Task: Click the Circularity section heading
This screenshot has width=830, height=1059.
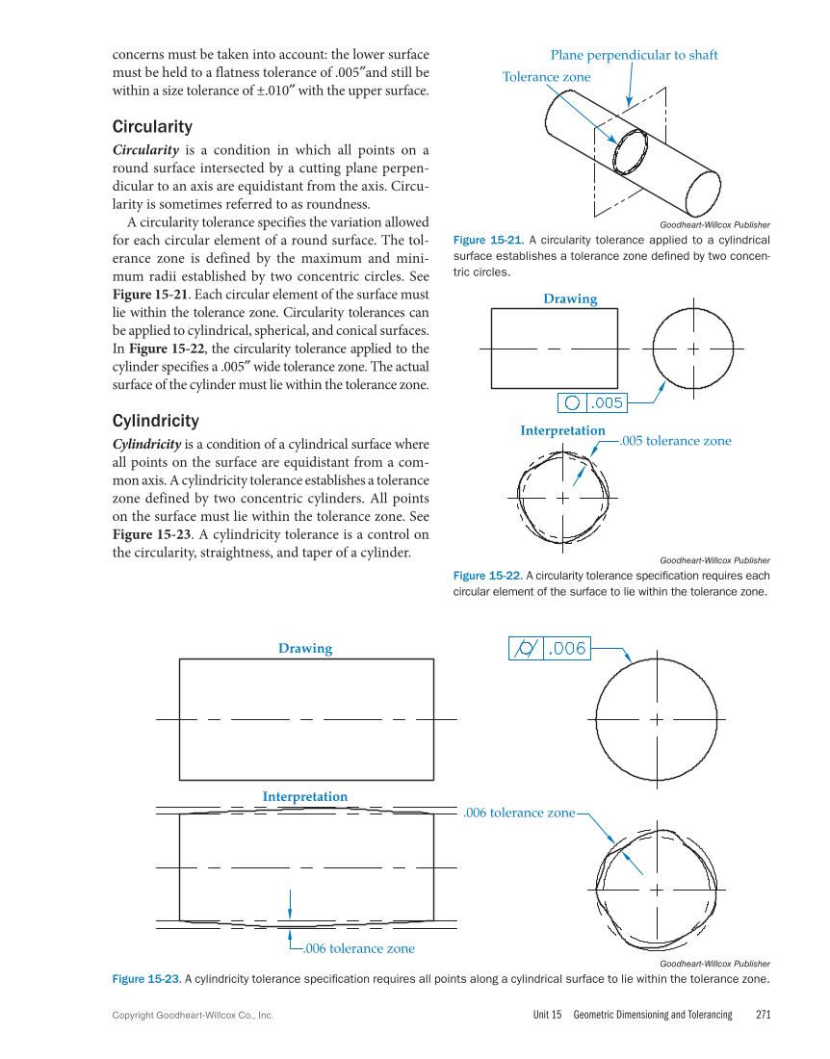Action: (x=152, y=127)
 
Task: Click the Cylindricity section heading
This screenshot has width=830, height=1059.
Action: (x=156, y=421)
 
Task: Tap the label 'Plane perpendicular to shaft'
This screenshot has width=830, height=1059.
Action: (x=634, y=55)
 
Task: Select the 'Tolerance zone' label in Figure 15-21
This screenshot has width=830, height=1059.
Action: (x=546, y=77)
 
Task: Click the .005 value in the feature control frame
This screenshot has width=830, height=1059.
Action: (x=607, y=402)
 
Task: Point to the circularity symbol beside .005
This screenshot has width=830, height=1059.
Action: (x=572, y=402)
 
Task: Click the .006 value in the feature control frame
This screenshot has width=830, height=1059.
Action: (x=567, y=649)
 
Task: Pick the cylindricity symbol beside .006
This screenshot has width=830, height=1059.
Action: (x=526, y=649)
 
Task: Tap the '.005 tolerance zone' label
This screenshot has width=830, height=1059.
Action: (x=674, y=441)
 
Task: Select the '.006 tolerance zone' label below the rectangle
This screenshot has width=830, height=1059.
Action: (x=358, y=948)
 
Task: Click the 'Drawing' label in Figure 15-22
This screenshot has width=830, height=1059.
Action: (x=570, y=299)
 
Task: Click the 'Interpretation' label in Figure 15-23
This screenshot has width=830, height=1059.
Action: (x=304, y=796)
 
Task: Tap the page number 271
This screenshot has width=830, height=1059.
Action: (x=764, y=1015)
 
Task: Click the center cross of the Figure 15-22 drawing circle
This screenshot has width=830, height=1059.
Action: (x=692, y=349)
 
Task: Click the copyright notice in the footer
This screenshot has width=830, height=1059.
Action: (x=193, y=1015)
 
